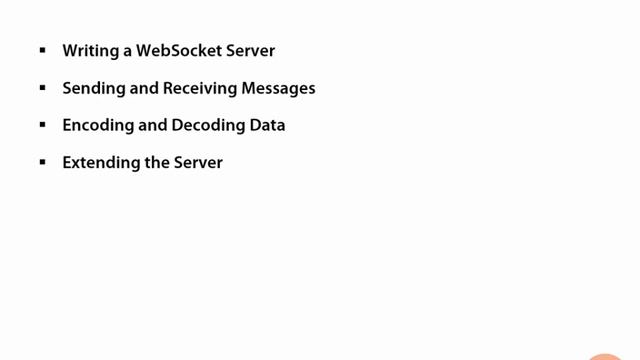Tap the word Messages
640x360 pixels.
[x=279, y=88]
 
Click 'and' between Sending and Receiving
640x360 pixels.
[x=144, y=88]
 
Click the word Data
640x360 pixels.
[x=267, y=125]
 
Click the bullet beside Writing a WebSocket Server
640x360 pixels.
[x=43, y=50]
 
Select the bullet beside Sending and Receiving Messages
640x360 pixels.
[x=43, y=87]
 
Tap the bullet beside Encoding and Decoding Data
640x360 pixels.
[x=43, y=125]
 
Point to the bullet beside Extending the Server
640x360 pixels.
[x=43, y=162]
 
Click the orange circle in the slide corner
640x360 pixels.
[x=606, y=355]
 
